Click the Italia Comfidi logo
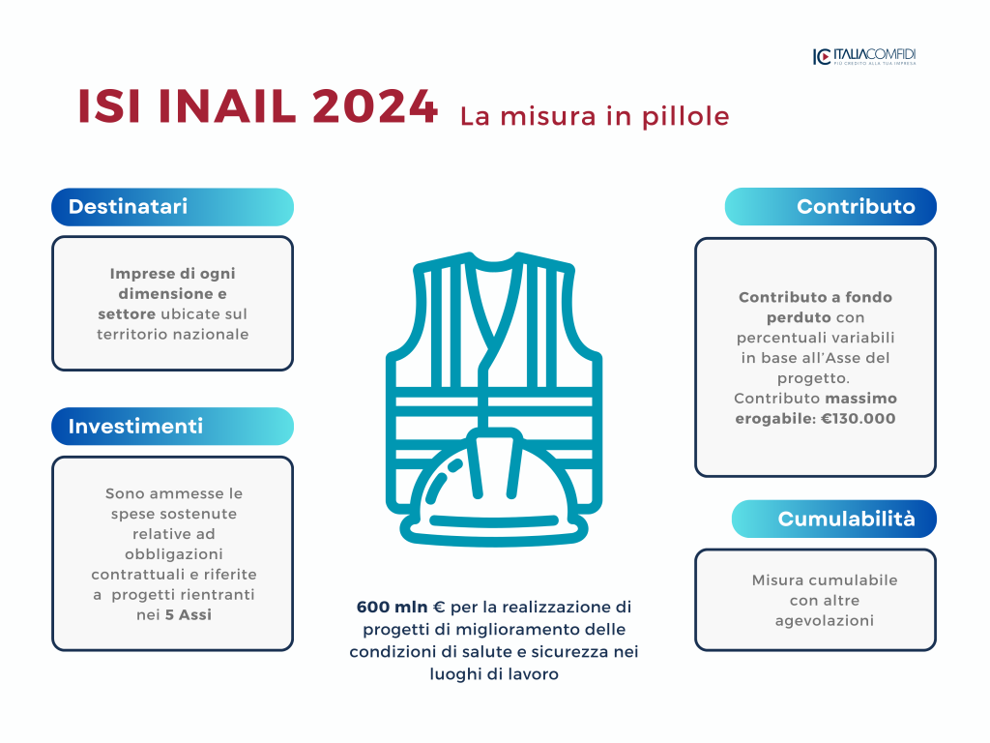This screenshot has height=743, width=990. pyautogui.click(x=864, y=56)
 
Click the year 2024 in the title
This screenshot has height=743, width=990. pyautogui.click(x=375, y=105)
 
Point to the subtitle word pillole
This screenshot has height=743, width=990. pyautogui.click(x=685, y=117)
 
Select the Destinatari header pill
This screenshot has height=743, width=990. pyautogui.click(x=172, y=207)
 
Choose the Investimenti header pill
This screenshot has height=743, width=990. pyautogui.click(x=172, y=427)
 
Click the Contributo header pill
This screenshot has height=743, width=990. pyautogui.click(x=830, y=207)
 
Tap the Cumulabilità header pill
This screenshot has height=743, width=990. pyautogui.click(x=834, y=519)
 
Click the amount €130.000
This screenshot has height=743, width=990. pyautogui.click(x=859, y=418)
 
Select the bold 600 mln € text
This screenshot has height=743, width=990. pyautogui.click(x=401, y=608)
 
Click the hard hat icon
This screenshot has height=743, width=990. pyautogui.click(x=493, y=488)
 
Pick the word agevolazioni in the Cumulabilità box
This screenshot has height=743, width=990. pyautogui.click(x=825, y=621)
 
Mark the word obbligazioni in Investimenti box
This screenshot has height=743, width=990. pyautogui.click(x=174, y=554)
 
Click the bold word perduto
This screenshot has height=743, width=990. pyautogui.click(x=799, y=317)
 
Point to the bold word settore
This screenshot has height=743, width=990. pyautogui.click(x=127, y=314)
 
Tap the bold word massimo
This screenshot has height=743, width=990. pyautogui.click(x=861, y=399)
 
